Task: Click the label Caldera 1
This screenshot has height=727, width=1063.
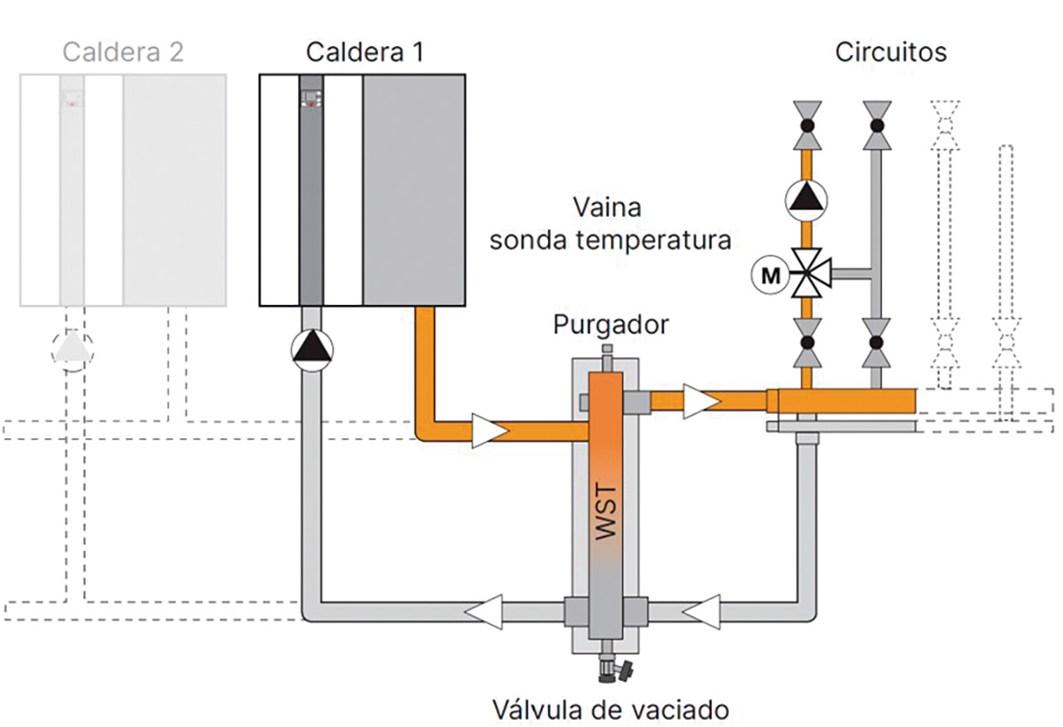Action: tap(364, 52)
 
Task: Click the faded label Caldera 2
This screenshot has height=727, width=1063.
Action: tap(123, 52)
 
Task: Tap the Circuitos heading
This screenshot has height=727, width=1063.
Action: tap(890, 52)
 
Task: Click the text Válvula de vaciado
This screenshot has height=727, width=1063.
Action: tap(608, 709)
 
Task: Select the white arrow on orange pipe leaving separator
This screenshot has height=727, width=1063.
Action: tap(699, 401)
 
